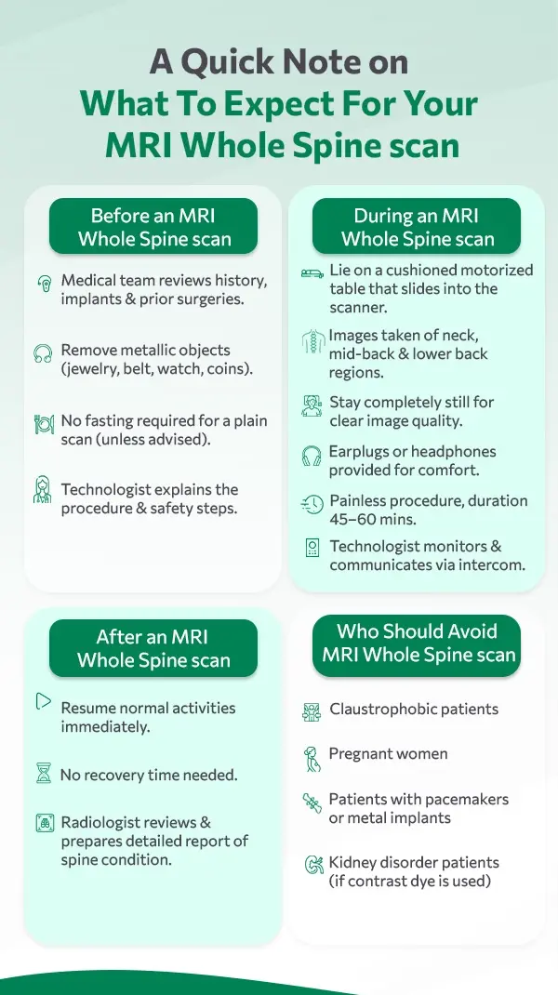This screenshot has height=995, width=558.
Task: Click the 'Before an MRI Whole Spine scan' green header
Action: click(153, 227)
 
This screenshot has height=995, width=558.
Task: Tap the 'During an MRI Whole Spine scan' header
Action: click(417, 227)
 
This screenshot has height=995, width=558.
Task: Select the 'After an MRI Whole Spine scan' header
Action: click(153, 648)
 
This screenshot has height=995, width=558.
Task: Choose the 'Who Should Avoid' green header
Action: click(417, 643)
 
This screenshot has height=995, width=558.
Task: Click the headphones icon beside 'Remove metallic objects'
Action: click(43, 353)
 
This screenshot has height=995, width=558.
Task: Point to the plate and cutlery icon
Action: click(43, 424)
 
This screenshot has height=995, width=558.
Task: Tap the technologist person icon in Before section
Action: click(42, 490)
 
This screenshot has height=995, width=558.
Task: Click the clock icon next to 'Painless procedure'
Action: click(312, 505)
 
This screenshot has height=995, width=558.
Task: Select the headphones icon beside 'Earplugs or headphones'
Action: click(311, 456)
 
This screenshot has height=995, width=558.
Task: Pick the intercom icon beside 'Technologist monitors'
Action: click(312, 548)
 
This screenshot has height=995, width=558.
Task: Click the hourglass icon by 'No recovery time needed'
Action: click(43, 773)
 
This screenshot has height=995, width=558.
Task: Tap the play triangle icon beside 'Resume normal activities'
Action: click(43, 701)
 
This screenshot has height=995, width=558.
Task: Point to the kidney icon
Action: click(313, 864)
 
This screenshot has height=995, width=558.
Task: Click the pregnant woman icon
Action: click(311, 759)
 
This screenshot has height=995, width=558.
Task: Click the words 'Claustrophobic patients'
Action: click(414, 709)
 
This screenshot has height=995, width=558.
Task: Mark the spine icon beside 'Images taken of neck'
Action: click(313, 342)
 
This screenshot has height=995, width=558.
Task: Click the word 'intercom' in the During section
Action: click(490, 564)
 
